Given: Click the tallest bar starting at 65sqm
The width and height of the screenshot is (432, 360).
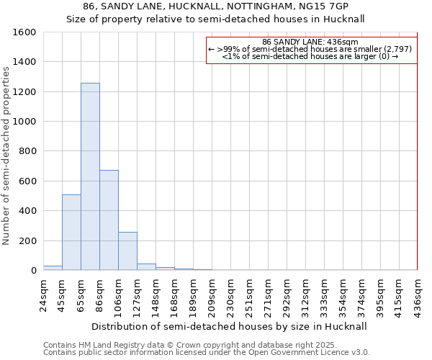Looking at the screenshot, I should coord(90,176).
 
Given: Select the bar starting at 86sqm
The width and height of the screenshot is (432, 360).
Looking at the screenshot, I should coord(109,220).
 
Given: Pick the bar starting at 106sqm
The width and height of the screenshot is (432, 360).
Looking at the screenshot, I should coord(127,251).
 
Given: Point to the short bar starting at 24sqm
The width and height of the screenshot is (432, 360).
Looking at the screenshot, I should coord(53,268).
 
